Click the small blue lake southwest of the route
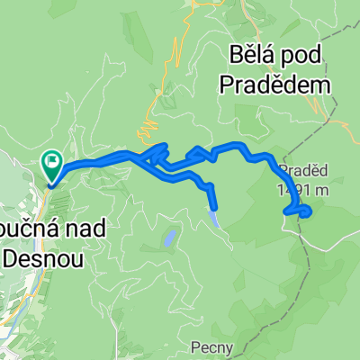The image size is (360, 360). (x=168, y=238)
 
